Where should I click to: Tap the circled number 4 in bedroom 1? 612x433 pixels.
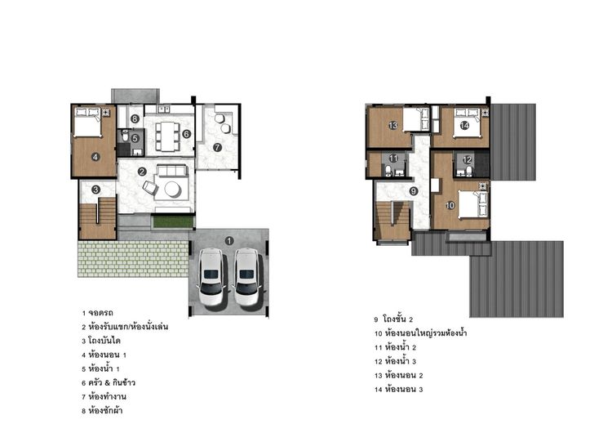click(x=95, y=157)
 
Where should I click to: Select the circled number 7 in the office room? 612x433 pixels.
click(x=217, y=147)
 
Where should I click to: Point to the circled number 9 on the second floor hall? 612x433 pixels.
click(x=414, y=191)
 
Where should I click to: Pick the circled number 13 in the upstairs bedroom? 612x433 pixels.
click(x=392, y=125)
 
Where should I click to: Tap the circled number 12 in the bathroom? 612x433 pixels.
click(x=467, y=160)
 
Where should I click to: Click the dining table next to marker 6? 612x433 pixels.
click(x=170, y=136)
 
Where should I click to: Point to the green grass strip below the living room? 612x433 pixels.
click(x=172, y=221)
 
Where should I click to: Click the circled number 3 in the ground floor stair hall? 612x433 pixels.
click(x=95, y=190)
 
